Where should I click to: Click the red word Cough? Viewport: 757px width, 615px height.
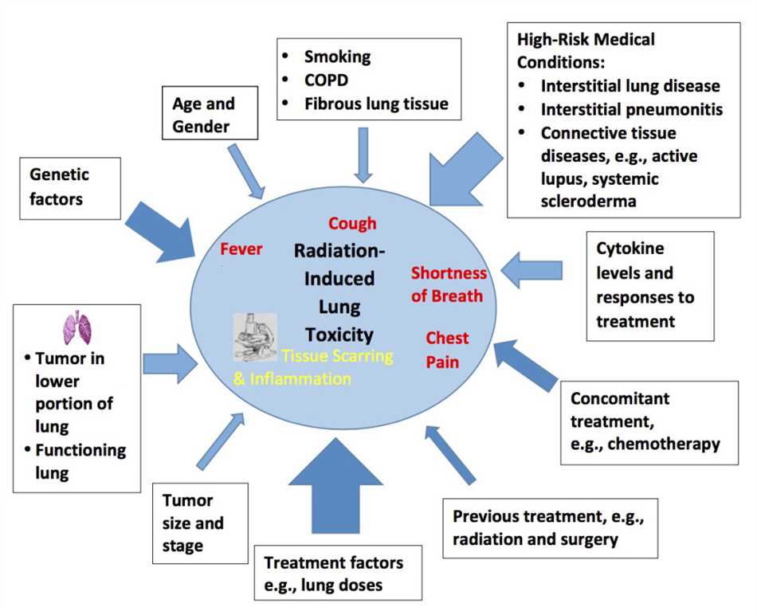[352, 223]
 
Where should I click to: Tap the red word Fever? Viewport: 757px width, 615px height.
[241, 249]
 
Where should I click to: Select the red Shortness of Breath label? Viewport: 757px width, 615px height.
[448, 284]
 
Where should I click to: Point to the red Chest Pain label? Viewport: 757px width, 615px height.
[447, 350]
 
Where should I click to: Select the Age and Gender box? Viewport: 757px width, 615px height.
[204, 115]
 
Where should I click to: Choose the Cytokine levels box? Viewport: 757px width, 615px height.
[649, 284]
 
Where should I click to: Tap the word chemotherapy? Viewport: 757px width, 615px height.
[663, 444]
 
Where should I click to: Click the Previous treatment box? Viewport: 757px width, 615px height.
[548, 527]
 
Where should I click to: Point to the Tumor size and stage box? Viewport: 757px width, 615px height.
[193, 523]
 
